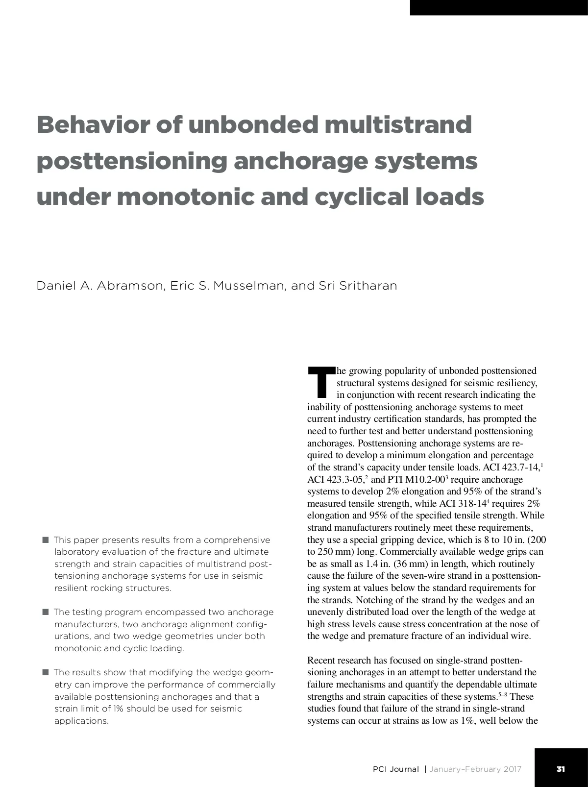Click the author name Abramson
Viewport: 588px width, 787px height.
coord(129,286)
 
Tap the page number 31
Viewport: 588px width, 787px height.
coord(561,769)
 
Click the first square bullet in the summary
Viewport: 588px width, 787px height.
coord(46,540)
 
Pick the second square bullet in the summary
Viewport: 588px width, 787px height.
coord(46,612)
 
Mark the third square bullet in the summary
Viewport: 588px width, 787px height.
coord(46,672)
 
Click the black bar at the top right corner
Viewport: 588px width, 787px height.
coord(499,7)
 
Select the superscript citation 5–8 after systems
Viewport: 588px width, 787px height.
coord(503,694)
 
